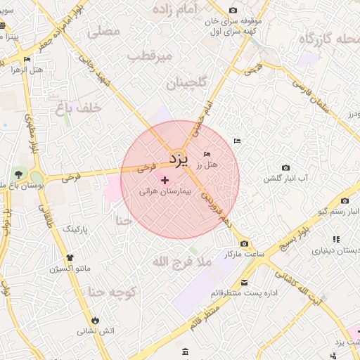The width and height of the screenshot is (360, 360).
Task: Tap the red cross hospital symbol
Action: tap(165, 180)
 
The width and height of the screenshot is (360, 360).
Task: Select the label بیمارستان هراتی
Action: tap(165, 191)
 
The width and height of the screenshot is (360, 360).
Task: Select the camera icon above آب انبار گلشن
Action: tap(285, 167)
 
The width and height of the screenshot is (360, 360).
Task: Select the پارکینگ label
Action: tap(77, 229)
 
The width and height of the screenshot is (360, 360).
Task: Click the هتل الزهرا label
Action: tap(28, 70)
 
